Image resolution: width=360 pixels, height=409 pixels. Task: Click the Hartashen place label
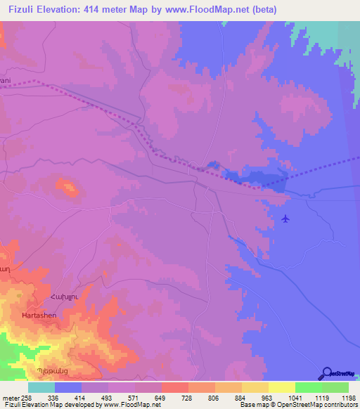[39, 316]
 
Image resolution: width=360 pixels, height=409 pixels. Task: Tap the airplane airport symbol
[285, 219]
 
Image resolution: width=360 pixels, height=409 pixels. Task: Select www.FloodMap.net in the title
[217, 10]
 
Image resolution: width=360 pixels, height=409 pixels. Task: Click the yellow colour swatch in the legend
[281, 387]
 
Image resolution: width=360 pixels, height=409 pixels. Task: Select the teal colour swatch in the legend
[41, 387]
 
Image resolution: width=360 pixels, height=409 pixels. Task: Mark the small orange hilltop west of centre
[67, 187]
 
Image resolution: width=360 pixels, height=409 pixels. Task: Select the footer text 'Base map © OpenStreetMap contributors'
[296, 405]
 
